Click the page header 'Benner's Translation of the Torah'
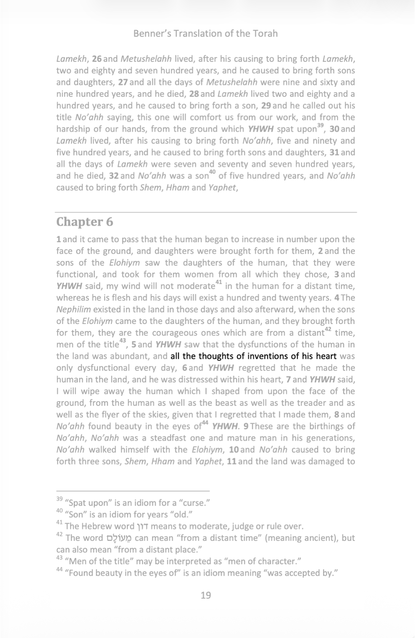pos(205,33)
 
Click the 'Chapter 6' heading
pos(85,222)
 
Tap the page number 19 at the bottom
pos(206,595)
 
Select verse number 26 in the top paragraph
pos(96,59)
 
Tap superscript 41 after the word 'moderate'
pos(219,283)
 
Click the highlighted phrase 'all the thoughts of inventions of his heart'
pos(254,356)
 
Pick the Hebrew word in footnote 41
pos(142,526)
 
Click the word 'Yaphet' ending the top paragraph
pos(221,188)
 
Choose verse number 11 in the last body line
pos(231,461)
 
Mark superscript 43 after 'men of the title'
pos(123,341)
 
